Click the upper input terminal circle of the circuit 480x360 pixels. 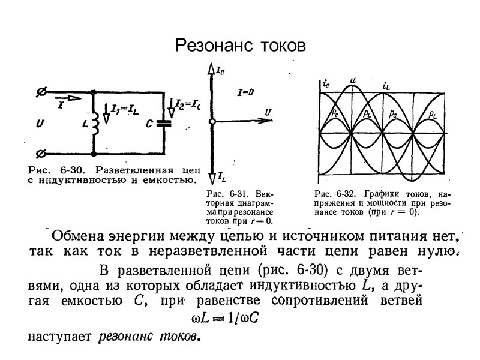41,92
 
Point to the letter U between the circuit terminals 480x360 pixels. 40,124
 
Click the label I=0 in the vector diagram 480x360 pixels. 245,92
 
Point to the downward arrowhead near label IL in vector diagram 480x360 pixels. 212,178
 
